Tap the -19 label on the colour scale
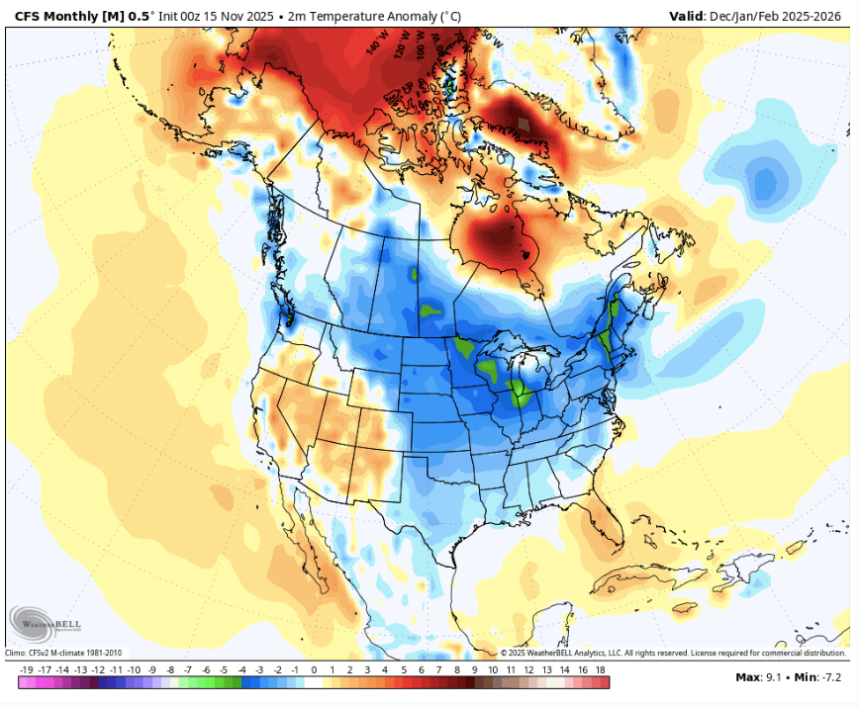(x=24, y=669)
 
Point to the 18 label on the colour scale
(x=601, y=669)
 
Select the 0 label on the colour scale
(x=314, y=669)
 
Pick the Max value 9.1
(x=776, y=677)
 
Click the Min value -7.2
(x=830, y=677)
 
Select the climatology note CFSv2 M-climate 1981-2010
(x=65, y=653)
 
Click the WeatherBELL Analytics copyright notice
(x=673, y=653)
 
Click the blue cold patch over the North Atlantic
(x=765, y=182)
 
